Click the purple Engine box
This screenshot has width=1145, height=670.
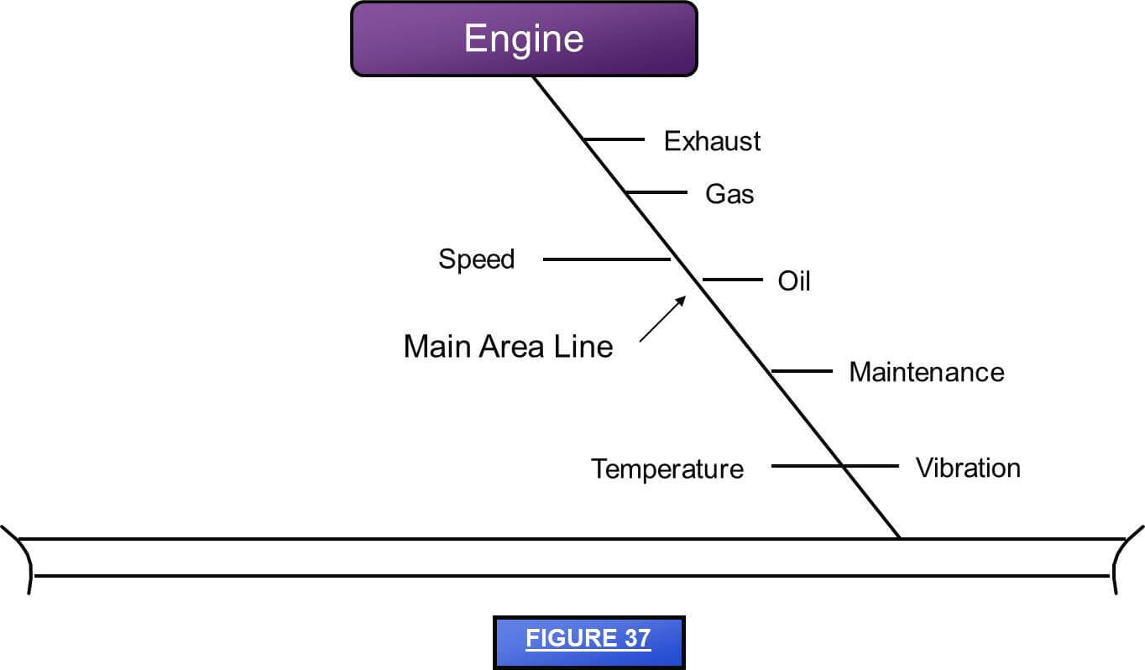point(524,39)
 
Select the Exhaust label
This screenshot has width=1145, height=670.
point(712,141)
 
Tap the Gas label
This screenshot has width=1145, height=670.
point(729,194)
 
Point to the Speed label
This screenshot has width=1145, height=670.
point(476,259)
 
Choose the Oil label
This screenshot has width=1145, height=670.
point(794,280)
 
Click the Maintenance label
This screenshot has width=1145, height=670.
point(926,372)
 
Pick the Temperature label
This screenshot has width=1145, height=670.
point(667,468)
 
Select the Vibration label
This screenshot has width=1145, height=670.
point(968,468)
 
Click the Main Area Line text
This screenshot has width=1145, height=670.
point(508,347)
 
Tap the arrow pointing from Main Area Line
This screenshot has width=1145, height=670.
point(663,318)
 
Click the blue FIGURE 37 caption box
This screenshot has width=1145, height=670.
point(588,642)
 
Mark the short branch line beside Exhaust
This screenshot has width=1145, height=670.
point(614,139)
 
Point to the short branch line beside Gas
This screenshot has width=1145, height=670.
point(656,192)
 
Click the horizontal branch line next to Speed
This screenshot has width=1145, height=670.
point(606,259)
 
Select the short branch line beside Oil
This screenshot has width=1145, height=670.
point(732,279)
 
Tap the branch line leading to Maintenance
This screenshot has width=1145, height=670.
point(802,370)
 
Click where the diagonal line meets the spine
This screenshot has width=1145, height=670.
point(900,537)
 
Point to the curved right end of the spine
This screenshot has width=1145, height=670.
point(1122,558)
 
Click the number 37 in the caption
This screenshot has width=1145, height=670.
point(635,638)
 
